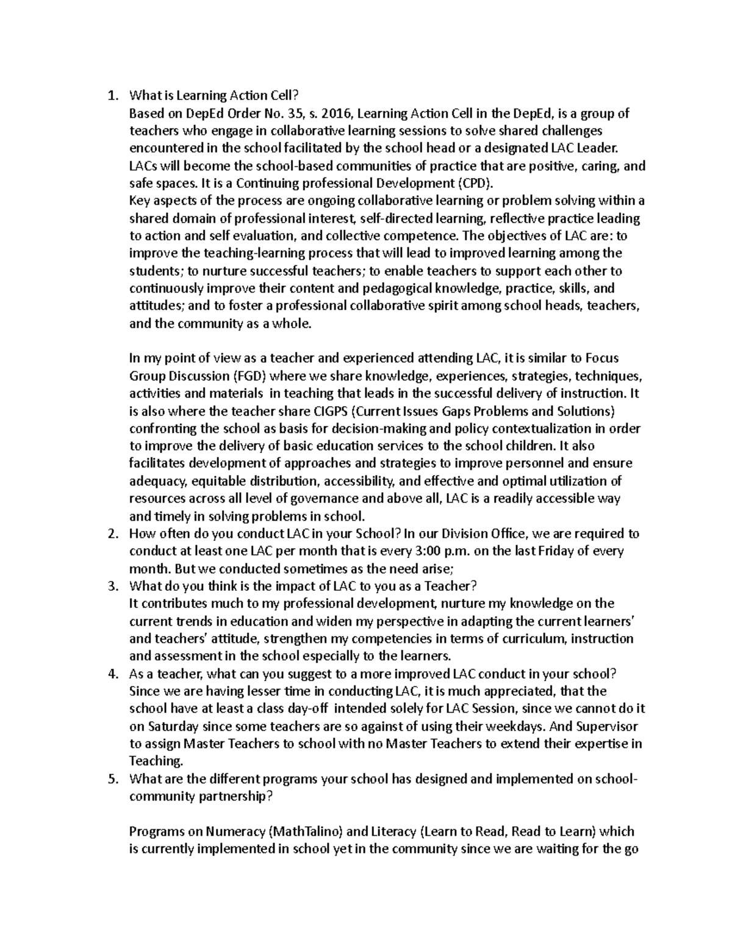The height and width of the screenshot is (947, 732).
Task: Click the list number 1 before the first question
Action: pyautogui.click(x=110, y=96)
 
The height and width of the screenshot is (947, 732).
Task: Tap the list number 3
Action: pyautogui.click(x=111, y=586)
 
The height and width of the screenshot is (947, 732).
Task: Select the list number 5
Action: pyautogui.click(x=111, y=779)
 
